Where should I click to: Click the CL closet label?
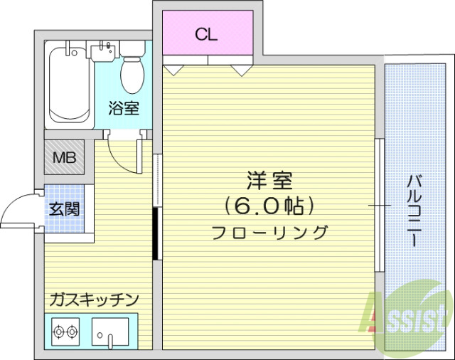pos(207,33)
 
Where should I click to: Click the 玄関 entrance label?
pos(64,209)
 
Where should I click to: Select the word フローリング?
pos(269,232)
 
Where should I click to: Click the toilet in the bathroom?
pos(131,71)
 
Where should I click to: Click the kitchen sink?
pos(111,332)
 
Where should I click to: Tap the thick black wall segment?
pos(155,233)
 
